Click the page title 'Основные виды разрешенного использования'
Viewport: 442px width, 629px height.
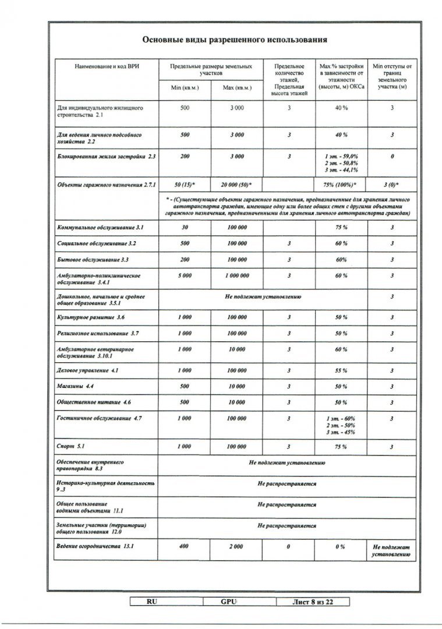(x=235, y=40)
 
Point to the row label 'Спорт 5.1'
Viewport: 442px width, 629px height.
(x=70, y=446)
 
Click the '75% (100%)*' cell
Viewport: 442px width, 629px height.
(x=341, y=184)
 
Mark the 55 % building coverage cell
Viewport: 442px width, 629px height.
(x=341, y=370)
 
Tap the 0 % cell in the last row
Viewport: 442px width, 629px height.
(x=341, y=547)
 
